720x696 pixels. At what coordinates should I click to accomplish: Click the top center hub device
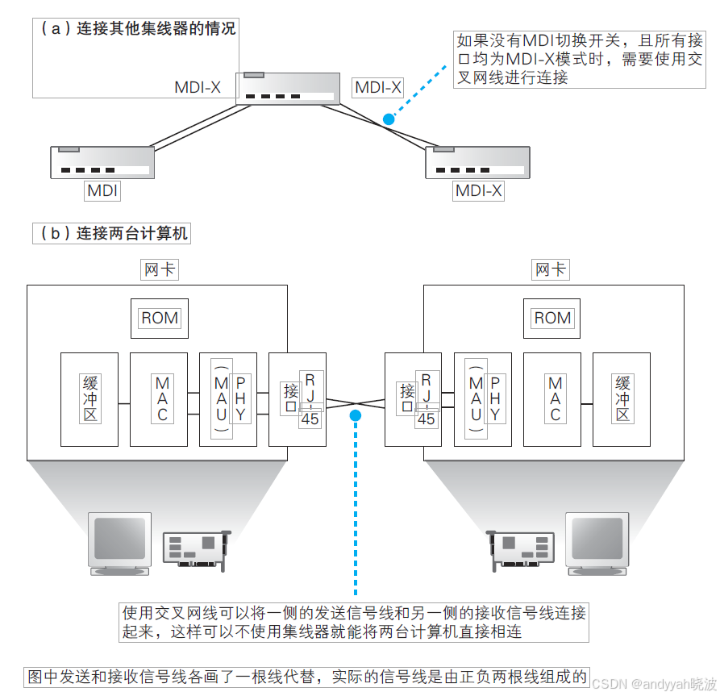(288, 88)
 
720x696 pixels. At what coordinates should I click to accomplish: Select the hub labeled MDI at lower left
(102, 162)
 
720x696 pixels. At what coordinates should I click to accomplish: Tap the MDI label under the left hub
(102, 191)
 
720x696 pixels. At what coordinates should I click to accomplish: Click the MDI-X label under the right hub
(478, 191)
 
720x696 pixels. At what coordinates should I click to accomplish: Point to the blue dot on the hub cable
(389, 119)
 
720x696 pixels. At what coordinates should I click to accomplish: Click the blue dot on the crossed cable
(354, 415)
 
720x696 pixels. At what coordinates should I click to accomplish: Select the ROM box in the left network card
(160, 318)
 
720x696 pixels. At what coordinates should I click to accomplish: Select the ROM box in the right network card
(552, 318)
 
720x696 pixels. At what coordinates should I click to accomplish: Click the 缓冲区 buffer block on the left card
(89, 399)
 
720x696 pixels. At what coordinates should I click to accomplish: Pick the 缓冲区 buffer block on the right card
(622, 399)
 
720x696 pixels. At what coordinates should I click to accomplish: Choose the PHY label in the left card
(239, 399)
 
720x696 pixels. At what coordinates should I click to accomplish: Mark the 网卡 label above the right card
(551, 269)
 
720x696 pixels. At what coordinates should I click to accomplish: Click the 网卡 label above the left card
(160, 269)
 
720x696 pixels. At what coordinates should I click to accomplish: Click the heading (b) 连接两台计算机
(111, 234)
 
